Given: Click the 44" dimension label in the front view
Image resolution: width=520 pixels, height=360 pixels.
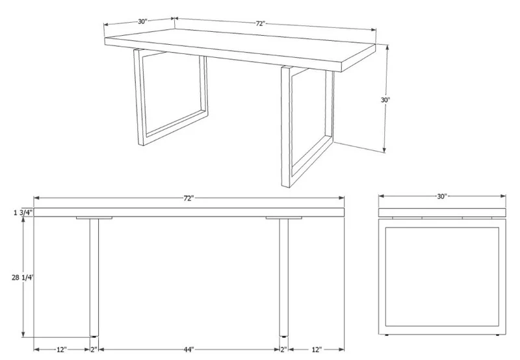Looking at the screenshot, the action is click(x=189, y=350).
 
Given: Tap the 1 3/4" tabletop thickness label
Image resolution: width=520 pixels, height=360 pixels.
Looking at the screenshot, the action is click(x=23, y=212).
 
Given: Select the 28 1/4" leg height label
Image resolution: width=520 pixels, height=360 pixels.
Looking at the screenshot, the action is click(x=23, y=277).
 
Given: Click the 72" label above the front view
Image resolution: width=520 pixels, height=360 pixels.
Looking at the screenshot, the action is click(x=188, y=198).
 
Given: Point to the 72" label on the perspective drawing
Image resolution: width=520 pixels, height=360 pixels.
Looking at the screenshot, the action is click(x=261, y=23).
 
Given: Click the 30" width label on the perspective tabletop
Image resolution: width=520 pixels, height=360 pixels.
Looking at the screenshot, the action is click(x=142, y=21).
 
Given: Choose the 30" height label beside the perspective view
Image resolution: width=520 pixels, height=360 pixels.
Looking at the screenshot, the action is click(x=385, y=100).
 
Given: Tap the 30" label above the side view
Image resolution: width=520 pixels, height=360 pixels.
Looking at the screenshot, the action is click(x=442, y=197).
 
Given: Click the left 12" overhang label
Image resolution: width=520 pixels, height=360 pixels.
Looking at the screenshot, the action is click(x=62, y=350).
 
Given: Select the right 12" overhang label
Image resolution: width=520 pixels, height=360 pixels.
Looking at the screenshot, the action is click(x=317, y=350).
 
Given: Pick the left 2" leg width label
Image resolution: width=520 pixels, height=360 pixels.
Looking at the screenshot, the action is click(x=94, y=350).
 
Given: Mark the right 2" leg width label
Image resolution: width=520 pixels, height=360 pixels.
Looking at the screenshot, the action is click(x=284, y=350).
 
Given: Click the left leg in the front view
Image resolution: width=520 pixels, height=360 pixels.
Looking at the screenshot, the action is click(x=94, y=277).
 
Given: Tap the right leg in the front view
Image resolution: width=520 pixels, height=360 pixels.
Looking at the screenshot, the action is click(x=283, y=277).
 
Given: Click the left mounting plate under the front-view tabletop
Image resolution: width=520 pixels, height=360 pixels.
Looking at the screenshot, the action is click(x=94, y=218).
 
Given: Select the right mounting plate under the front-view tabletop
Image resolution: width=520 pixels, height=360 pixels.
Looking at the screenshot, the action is click(x=284, y=218).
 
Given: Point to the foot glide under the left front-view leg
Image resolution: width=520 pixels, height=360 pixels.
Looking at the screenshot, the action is click(x=94, y=337).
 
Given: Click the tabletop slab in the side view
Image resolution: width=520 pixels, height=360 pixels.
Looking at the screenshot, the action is click(x=442, y=212).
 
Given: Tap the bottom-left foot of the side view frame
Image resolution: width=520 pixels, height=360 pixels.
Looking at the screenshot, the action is click(x=387, y=335).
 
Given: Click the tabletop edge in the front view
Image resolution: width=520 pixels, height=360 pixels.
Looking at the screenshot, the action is click(x=189, y=212).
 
